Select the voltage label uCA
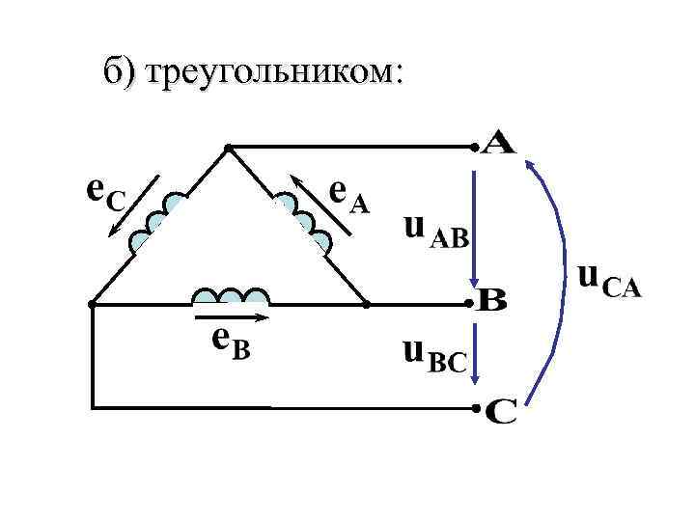click(607, 281)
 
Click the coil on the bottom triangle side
click(231, 295)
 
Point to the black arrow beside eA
click(320, 205)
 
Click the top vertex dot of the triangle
click(228, 149)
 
